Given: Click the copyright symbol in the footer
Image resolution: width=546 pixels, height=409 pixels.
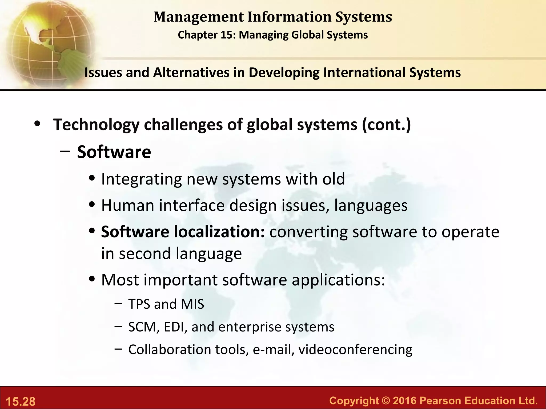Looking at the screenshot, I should tap(386, 400).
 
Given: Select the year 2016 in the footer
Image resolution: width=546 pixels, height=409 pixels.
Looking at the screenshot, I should tap(404, 400).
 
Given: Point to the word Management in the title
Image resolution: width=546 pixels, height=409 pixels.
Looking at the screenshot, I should tap(199, 17).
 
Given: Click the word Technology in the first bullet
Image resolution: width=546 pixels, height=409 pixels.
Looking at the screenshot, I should tap(96, 125).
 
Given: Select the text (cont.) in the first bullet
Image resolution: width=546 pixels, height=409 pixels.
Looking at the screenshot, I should tap(386, 125).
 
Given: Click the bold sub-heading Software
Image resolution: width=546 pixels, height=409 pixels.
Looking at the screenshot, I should tap(114, 152).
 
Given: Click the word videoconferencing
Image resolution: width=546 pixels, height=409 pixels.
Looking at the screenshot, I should tap(355, 350).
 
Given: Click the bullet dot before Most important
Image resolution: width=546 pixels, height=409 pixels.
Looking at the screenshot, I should tap(92, 279).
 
